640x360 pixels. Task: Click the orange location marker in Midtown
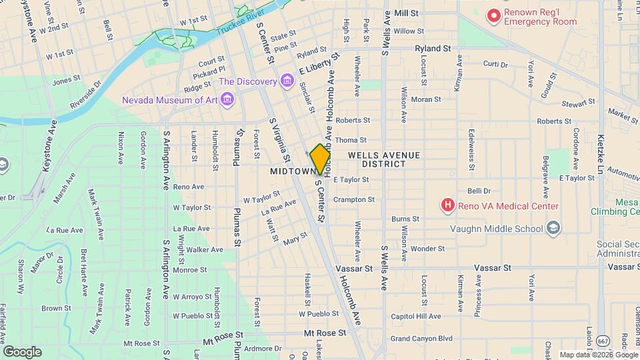(x=320, y=159)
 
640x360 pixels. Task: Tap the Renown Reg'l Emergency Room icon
(x=493, y=15)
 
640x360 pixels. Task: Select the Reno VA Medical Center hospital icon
(x=449, y=206)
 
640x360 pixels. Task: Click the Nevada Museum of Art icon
(x=229, y=101)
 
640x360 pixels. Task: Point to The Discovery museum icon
(x=287, y=81)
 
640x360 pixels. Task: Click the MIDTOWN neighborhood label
(x=292, y=171)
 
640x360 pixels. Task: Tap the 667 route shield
(x=602, y=340)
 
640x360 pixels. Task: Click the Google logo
(x=22, y=351)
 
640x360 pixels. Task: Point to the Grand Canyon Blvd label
(x=421, y=339)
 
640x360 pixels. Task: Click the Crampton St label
(x=354, y=199)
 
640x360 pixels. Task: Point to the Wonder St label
(x=423, y=248)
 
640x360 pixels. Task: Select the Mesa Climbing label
(x=615, y=207)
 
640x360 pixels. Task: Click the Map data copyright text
(x=599, y=355)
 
